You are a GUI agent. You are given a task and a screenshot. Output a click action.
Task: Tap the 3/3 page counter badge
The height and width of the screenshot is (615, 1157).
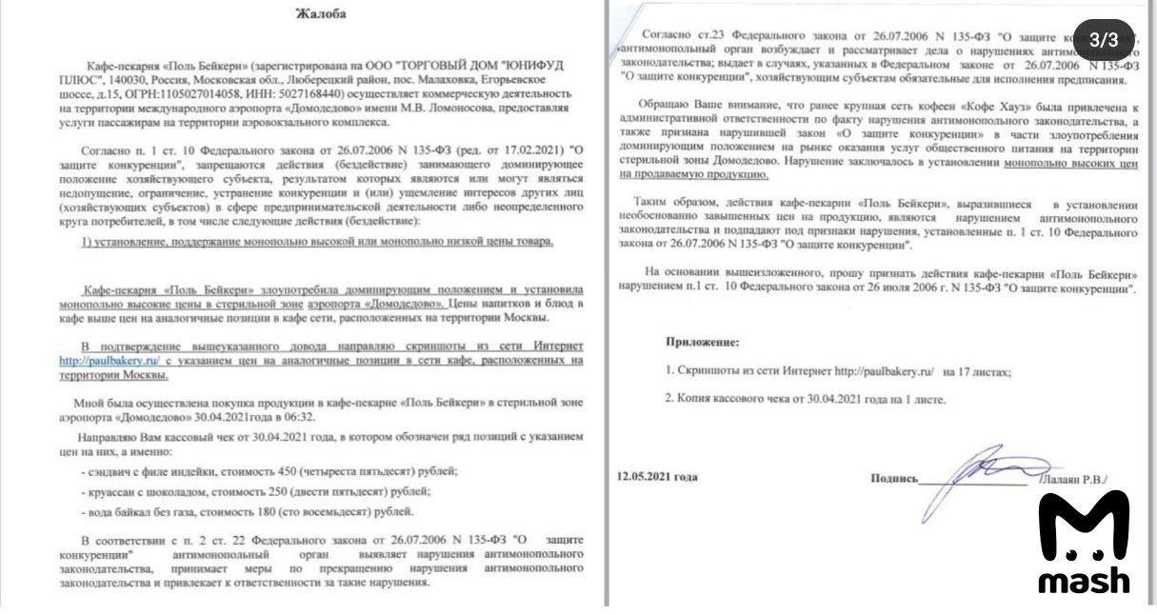[1104, 39]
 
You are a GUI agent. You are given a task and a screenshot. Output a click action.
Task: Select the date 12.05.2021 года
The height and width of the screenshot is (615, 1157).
[656, 477]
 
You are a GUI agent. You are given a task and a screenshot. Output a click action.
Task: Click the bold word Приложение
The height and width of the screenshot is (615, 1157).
[702, 342]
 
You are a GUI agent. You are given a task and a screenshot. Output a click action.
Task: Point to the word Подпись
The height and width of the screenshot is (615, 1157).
[894, 479]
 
